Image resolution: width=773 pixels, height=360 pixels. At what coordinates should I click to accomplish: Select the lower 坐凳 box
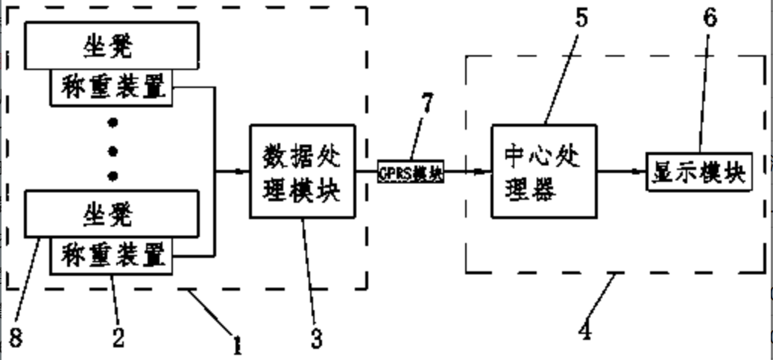pyautogui.click(x=113, y=215)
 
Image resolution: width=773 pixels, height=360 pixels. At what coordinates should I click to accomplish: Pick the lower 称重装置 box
pyautogui.click(x=112, y=256)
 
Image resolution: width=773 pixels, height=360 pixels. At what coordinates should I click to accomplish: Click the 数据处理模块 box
pyautogui.click(x=302, y=171)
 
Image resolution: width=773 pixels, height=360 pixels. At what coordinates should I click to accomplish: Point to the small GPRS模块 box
pyautogui.click(x=411, y=172)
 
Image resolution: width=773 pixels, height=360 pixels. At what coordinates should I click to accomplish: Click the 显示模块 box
pyautogui.click(x=698, y=172)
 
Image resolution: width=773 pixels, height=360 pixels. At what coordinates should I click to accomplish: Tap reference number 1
pyautogui.click(x=237, y=344)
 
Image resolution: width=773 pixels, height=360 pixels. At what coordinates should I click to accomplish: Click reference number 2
pyautogui.click(x=118, y=337)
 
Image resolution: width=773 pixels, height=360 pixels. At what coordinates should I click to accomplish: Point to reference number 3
pyautogui.click(x=316, y=339)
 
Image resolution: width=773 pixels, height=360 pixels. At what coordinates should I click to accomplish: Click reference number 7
pyautogui.click(x=426, y=104)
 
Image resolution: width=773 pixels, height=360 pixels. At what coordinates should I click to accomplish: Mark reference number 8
pyautogui.click(x=16, y=338)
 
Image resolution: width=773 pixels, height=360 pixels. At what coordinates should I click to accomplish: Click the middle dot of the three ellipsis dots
pyautogui.click(x=113, y=151)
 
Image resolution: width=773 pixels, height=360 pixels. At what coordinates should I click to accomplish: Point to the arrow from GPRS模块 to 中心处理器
pyautogui.click(x=467, y=171)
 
